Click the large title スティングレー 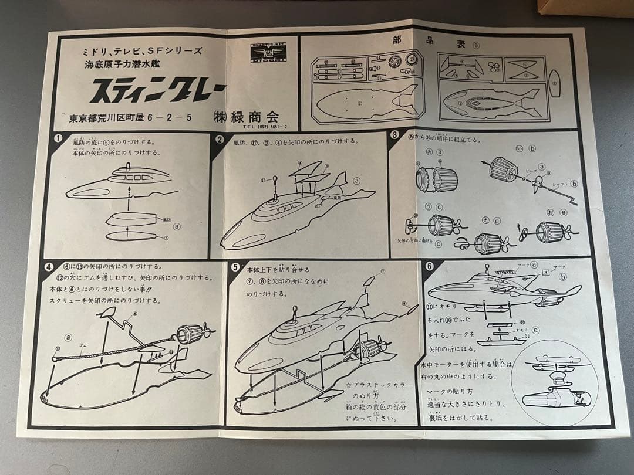[157, 91]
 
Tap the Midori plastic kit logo [267, 52]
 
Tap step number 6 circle [429, 266]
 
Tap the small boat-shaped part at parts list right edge [555, 84]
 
